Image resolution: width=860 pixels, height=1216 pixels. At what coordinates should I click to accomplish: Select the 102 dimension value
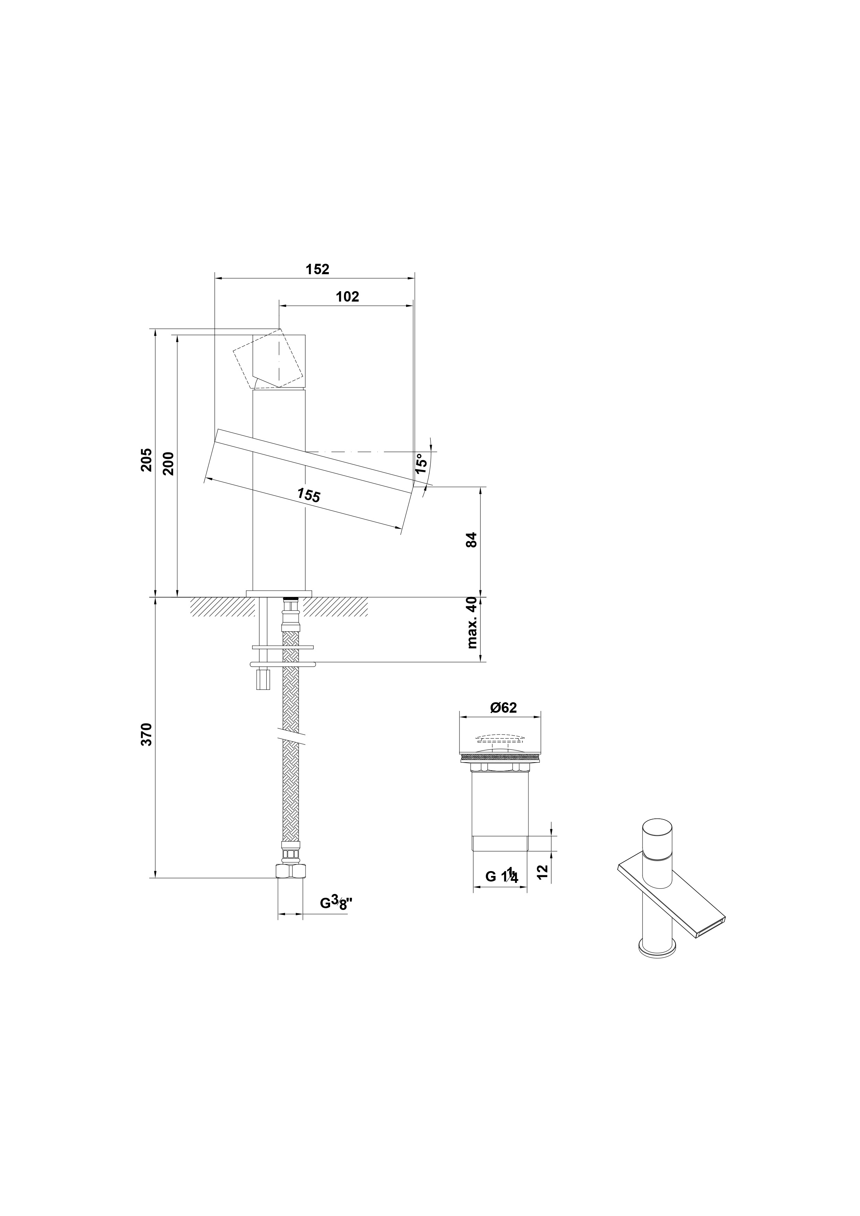(347, 297)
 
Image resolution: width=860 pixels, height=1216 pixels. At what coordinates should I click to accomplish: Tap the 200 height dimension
(169, 463)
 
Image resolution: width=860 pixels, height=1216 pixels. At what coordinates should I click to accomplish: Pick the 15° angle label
(421, 463)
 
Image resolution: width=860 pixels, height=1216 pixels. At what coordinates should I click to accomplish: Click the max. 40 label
(472, 623)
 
